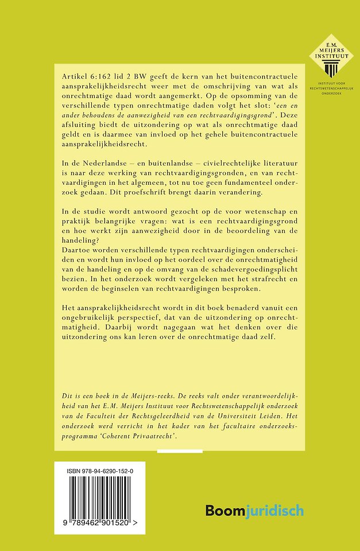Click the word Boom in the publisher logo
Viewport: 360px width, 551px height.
[224, 509]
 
